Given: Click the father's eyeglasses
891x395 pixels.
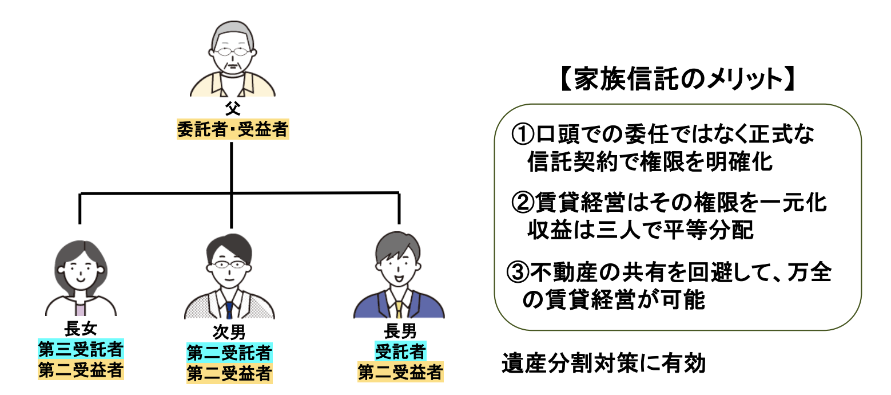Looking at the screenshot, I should pyautogui.click(x=232, y=53).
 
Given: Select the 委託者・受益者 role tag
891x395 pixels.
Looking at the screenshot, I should pyautogui.click(x=232, y=129).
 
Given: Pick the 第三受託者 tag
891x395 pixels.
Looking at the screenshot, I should pyautogui.click(x=81, y=349).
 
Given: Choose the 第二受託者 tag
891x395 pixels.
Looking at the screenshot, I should pyautogui.click(x=229, y=352).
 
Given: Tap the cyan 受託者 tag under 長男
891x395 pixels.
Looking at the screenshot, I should pyautogui.click(x=400, y=350).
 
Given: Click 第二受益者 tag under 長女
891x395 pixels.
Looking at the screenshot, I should pyautogui.click(x=81, y=369).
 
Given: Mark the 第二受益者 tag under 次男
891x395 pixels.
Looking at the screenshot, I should pyautogui.click(x=229, y=373).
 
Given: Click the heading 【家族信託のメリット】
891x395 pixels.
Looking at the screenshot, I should pyautogui.click(x=677, y=79).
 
